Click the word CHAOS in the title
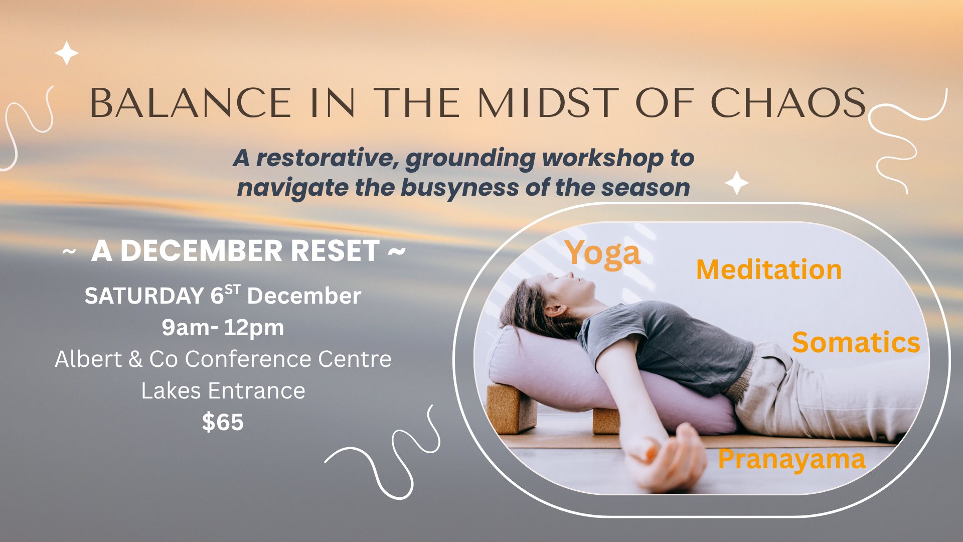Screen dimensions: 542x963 pos(788,103)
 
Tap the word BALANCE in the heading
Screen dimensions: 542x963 pos(191,103)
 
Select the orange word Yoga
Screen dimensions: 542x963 pos(602,253)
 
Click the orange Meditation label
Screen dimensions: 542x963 pos(769,269)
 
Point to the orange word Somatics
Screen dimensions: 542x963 pos(856,343)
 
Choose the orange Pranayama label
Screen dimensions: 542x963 pos(791,459)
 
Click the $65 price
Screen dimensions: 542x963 pos(223,422)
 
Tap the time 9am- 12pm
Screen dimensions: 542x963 pos(223,328)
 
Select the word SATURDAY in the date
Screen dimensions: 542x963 pos(144,296)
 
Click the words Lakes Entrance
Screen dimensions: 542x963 pos(223,391)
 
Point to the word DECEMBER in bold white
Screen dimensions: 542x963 pos(201,251)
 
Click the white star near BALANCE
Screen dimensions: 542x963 pos(66,53)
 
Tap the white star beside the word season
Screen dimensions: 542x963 pos(737,183)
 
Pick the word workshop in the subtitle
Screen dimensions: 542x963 pos(602,159)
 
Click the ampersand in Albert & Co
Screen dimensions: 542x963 pos(135,359)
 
